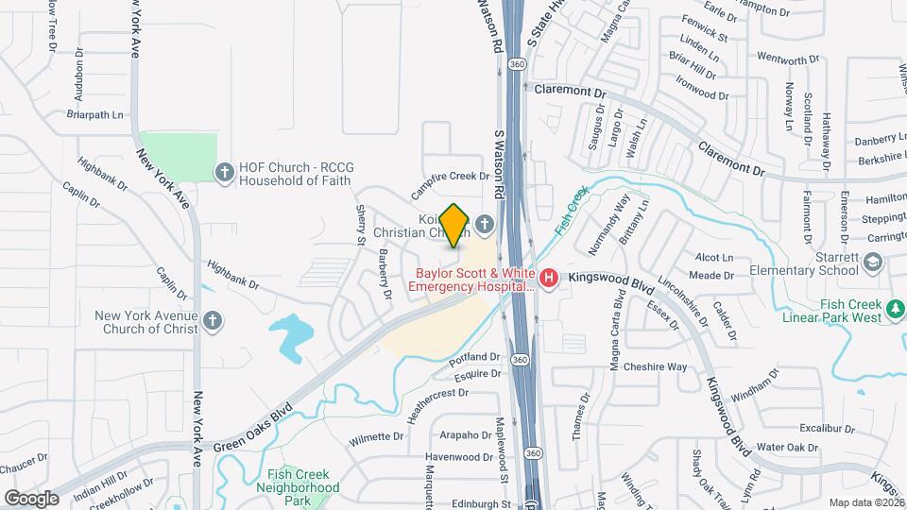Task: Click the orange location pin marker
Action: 454,226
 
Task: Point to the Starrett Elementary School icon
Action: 873,263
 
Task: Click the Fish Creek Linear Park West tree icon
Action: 893,306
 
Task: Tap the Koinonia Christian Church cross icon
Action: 485,224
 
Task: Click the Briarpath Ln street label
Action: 95,114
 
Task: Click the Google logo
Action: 31,498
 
